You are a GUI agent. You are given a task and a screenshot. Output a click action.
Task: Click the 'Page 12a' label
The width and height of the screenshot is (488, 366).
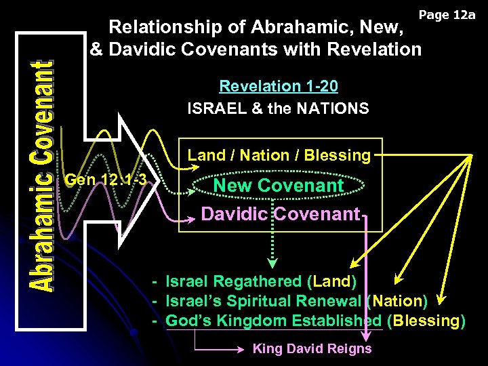(447, 14)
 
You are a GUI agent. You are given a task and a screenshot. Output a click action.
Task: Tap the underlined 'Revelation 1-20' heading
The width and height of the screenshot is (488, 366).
(279, 86)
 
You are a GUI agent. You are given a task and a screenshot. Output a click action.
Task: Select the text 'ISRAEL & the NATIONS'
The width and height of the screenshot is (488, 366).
(279, 108)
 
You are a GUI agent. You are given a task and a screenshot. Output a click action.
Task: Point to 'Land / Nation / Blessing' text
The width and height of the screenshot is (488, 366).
(279, 155)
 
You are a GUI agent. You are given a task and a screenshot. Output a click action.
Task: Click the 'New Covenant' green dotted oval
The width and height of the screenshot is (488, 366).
(279, 185)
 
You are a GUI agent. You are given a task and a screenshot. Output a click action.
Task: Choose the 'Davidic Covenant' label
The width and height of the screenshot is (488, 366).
(280, 214)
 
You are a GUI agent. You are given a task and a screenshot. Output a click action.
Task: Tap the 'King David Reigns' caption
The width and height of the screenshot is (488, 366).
(312, 349)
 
